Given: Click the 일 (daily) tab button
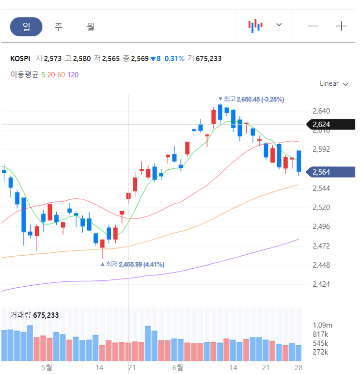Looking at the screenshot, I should [x=26, y=27].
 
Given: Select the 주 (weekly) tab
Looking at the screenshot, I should [x=59, y=27].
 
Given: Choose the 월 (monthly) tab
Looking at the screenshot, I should [x=91, y=27].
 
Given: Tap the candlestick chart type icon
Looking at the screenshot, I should [x=255, y=26].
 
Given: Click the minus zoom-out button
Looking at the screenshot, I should [x=313, y=26].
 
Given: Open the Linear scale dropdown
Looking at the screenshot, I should [x=334, y=84].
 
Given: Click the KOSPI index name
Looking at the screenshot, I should [x=20, y=59].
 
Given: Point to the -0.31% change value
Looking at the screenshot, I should [x=173, y=59].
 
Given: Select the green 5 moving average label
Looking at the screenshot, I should [x=43, y=75].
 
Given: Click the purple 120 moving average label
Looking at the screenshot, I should [x=73, y=75].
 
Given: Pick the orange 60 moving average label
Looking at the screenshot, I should [x=61, y=75].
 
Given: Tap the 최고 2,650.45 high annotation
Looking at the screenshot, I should [x=251, y=99].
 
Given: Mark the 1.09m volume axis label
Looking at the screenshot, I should [x=322, y=325].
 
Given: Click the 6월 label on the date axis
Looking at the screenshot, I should [x=177, y=367].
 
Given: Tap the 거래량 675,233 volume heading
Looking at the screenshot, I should [x=35, y=315].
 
